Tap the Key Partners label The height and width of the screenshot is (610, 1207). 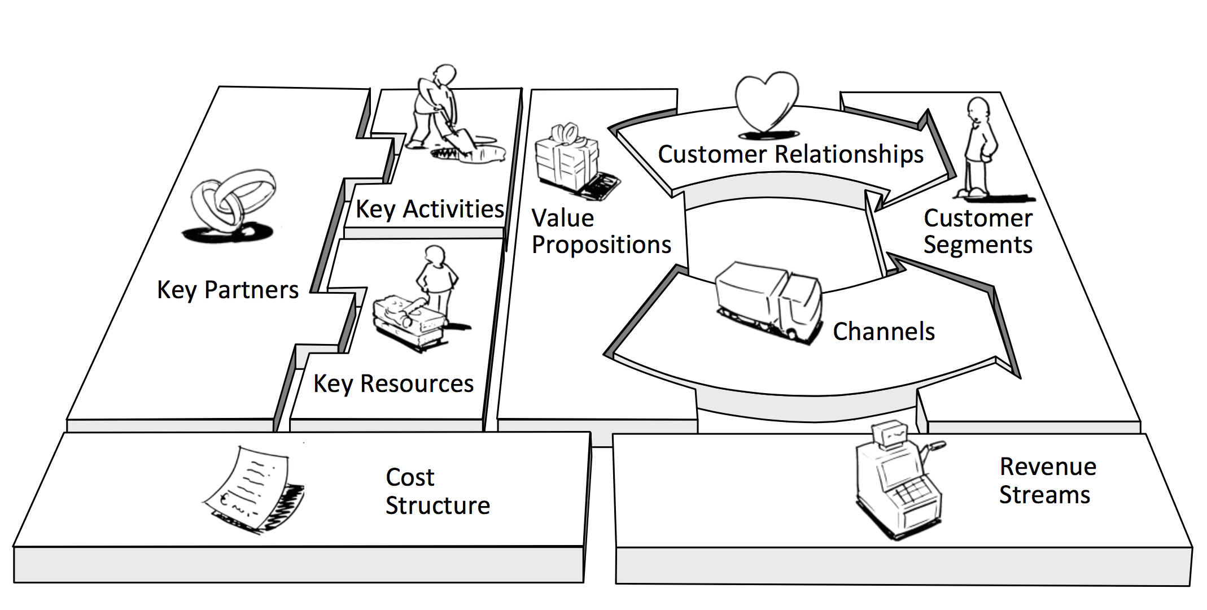click(228, 290)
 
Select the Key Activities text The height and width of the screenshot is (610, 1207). click(430, 210)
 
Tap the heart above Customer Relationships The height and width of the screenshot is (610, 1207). click(767, 102)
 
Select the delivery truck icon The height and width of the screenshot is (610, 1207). click(769, 300)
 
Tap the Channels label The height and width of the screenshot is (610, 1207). click(884, 332)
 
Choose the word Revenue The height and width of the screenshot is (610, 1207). click(1048, 467)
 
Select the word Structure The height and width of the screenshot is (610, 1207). click(438, 506)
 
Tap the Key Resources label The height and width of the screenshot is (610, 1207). click(393, 384)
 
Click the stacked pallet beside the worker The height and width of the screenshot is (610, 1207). click(408, 321)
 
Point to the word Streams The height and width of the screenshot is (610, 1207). click(1044, 495)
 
